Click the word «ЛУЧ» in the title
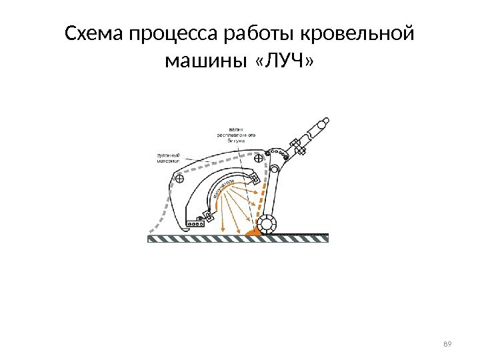coord(283,62)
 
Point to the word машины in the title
coord(203,62)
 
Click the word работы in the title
coord(265,33)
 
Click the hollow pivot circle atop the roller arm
coord(273,151)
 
